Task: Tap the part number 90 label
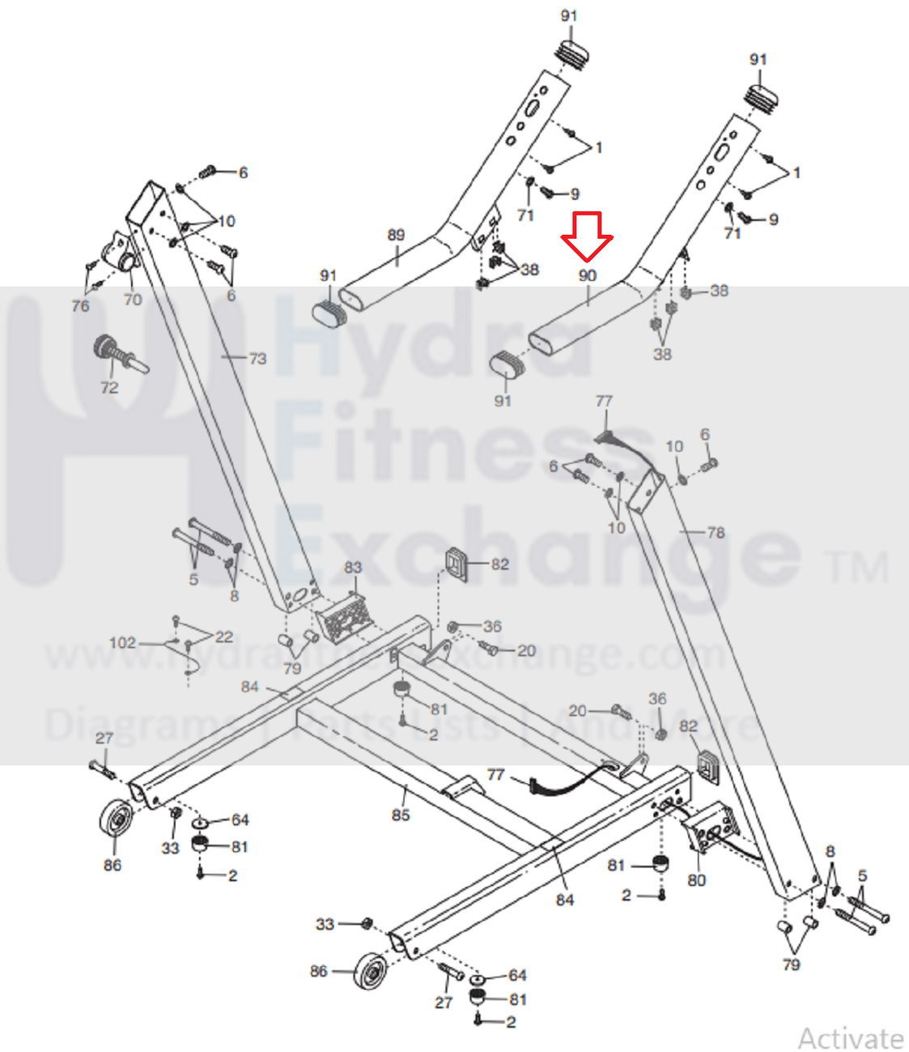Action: point(588,275)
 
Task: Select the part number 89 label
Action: point(396,235)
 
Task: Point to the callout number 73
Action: point(257,358)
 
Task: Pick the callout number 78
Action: point(716,532)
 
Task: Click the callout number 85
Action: point(401,815)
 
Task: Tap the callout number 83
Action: point(353,567)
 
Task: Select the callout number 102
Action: point(122,642)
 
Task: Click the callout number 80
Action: point(696,880)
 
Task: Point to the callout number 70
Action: point(133,299)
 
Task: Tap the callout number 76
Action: point(80,305)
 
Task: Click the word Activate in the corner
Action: point(850,1037)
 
